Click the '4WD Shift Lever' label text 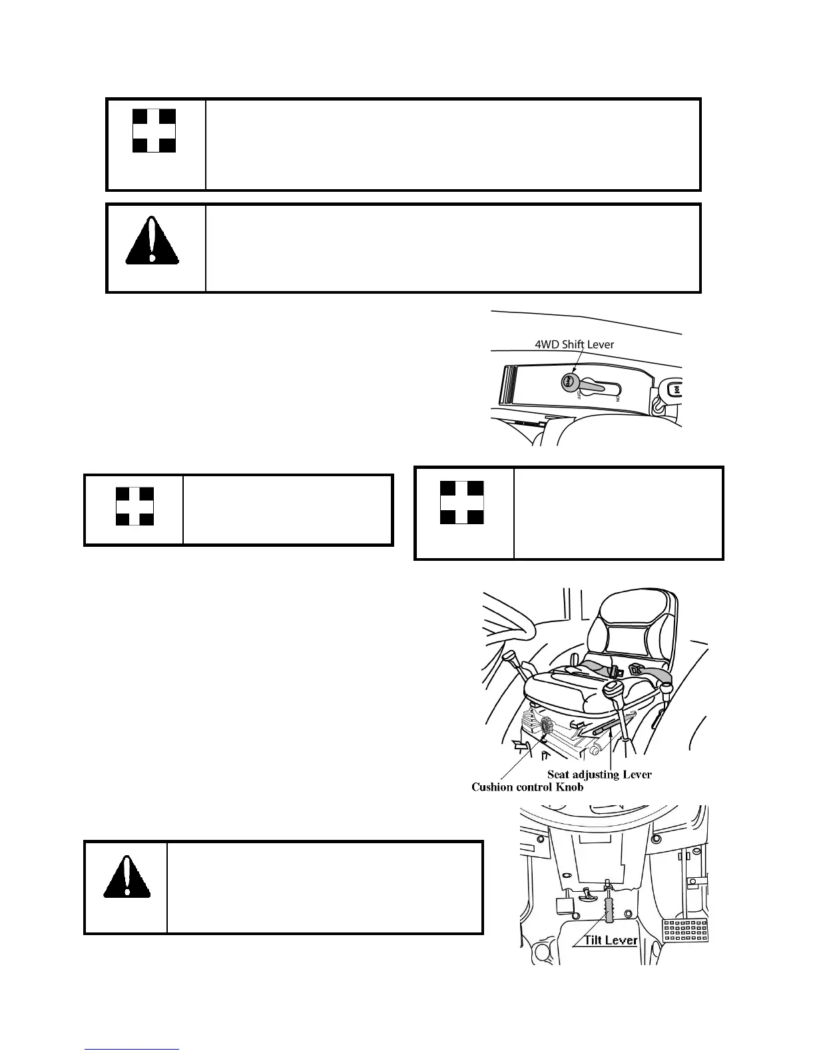[574, 344]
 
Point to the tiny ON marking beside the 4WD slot [618, 398]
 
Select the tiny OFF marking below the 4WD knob [577, 396]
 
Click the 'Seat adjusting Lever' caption [599, 774]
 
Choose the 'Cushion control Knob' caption [527, 787]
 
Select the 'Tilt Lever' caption [611, 940]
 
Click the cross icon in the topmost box [154, 131]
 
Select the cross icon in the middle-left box [135, 506]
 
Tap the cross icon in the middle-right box [463, 503]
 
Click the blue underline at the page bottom [133, 1050]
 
